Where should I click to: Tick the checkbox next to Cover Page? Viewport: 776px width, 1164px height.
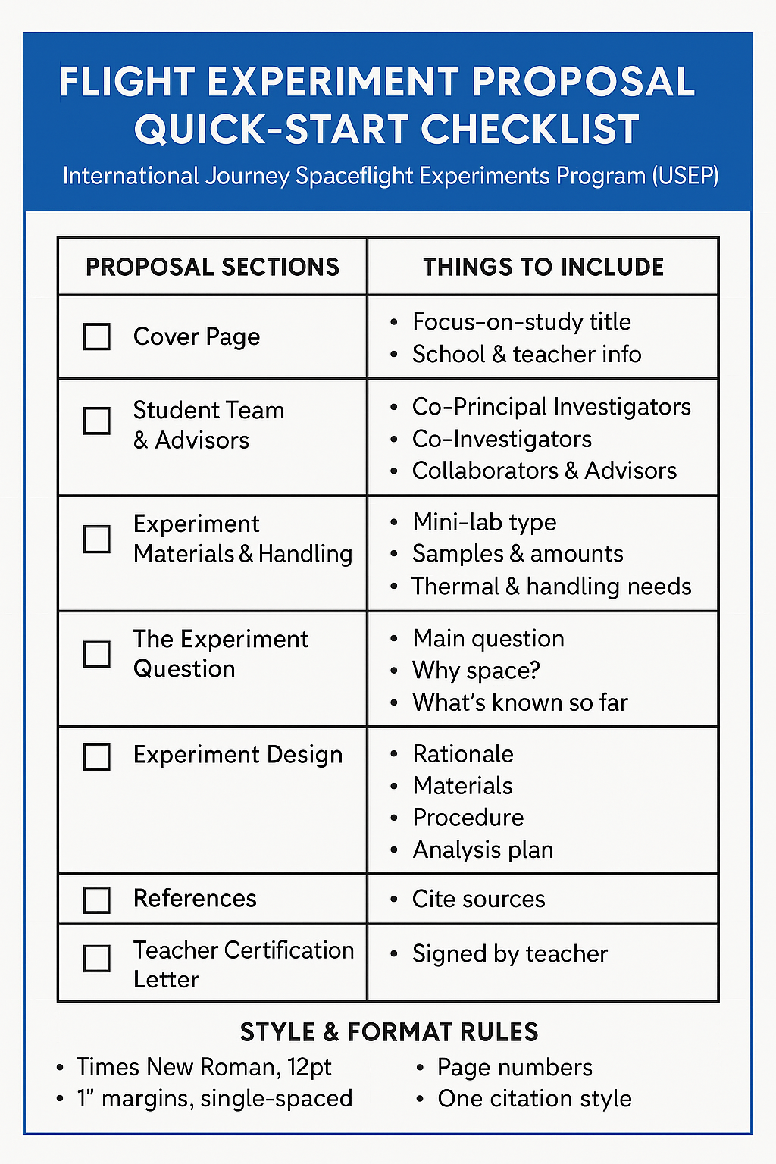coord(96,336)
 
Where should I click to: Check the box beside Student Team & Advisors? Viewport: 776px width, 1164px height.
coord(96,421)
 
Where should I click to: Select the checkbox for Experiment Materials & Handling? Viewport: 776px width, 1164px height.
coord(96,540)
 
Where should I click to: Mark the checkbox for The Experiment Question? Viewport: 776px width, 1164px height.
coord(96,654)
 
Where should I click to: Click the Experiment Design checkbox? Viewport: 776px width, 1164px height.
coord(96,756)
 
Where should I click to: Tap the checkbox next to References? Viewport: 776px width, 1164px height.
coord(96,900)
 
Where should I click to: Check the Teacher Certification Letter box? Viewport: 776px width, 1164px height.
coord(96,959)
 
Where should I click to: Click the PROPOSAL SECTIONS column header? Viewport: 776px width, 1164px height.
coord(212,267)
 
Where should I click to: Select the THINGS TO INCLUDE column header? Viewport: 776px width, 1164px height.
coord(543,267)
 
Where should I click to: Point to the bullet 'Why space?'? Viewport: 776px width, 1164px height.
coord(476,671)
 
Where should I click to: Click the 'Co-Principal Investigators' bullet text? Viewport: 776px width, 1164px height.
coord(551,407)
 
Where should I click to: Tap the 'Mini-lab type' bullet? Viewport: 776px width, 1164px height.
coord(484,522)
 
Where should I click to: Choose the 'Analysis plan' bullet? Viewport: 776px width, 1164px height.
coord(483,850)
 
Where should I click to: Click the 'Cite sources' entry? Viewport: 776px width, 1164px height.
coord(478,900)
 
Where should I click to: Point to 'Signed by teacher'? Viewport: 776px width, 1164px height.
coord(510,953)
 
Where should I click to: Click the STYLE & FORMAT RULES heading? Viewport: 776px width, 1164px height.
coord(389,1032)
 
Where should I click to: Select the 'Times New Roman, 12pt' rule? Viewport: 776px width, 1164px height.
coord(204,1067)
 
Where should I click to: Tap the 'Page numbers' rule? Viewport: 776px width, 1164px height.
coord(515,1067)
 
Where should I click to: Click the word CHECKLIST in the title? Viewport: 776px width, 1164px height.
coord(530,129)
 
